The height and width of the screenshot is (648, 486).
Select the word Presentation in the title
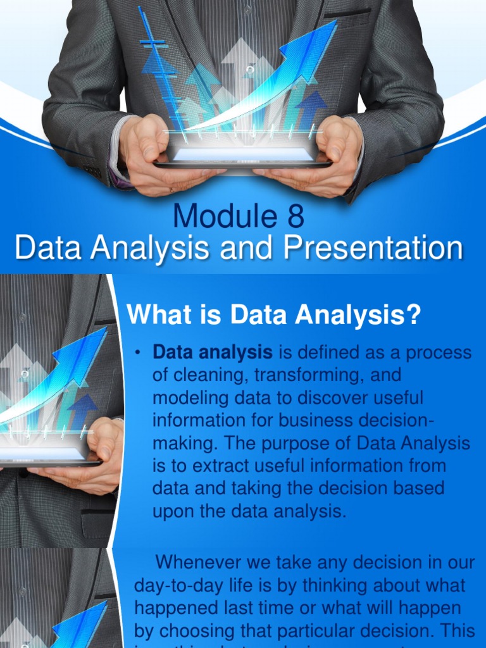(373, 247)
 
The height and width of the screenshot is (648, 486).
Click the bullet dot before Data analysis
(137, 353)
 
